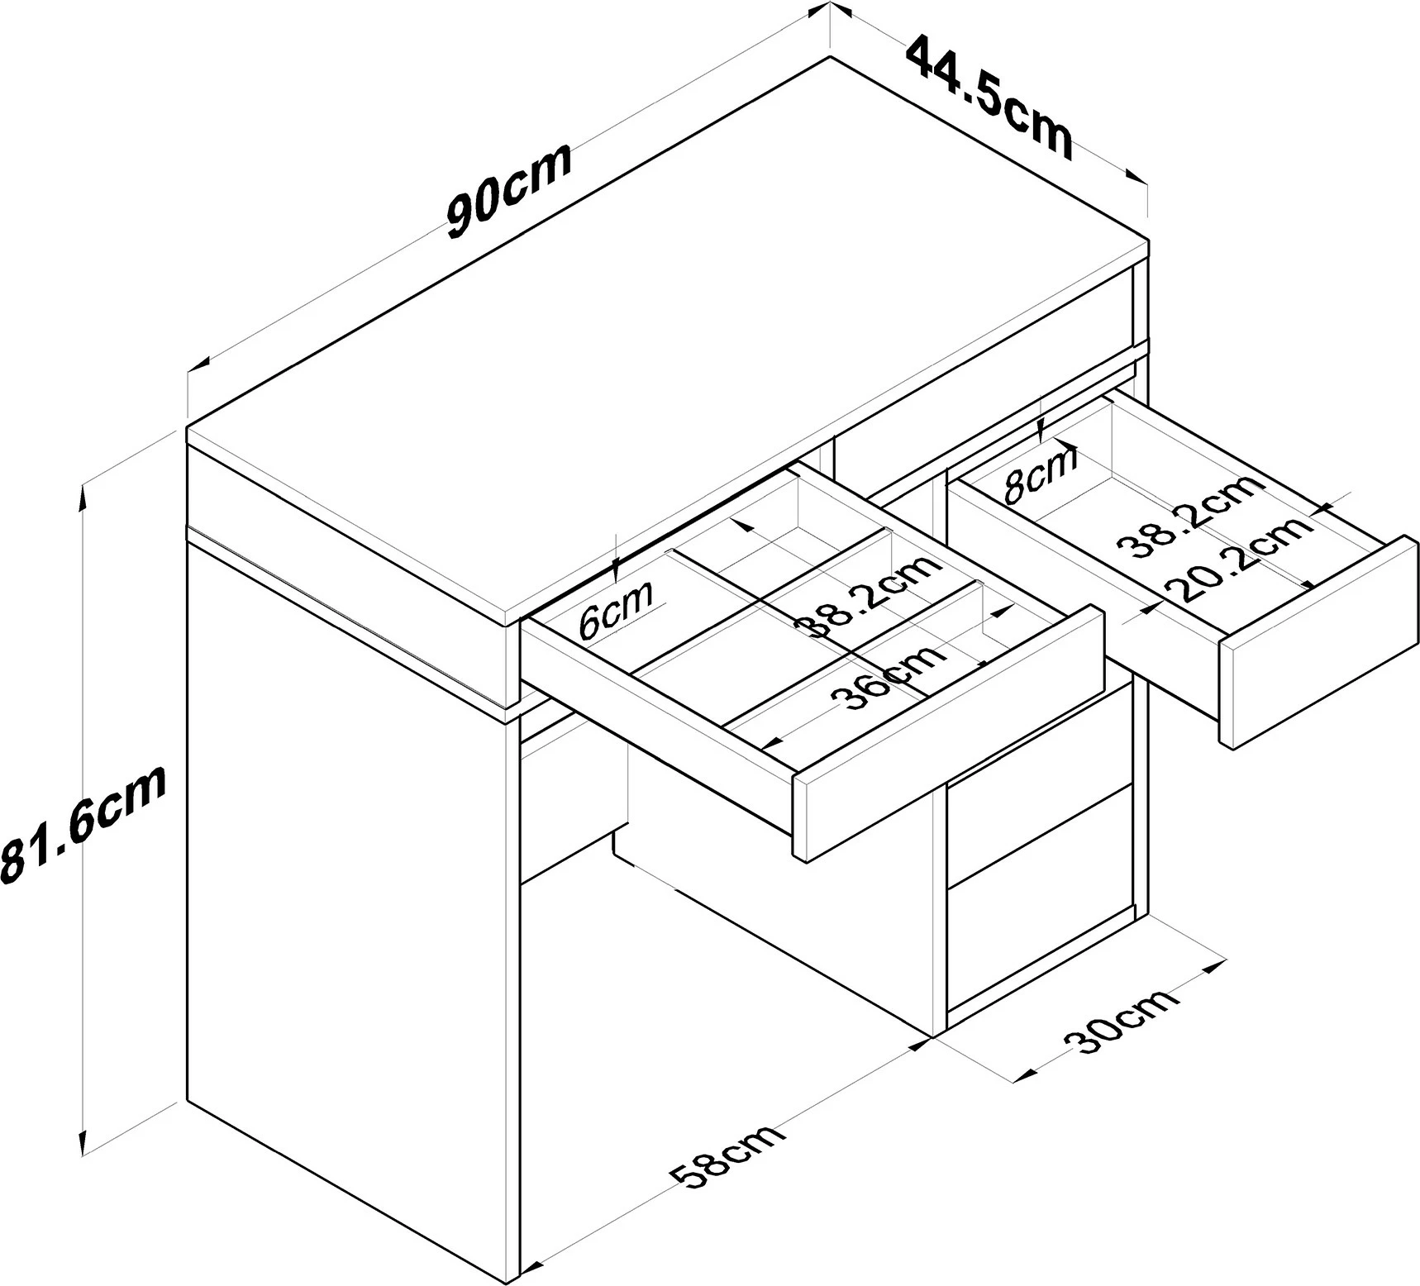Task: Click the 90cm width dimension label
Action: point(508,191)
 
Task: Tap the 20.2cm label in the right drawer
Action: point(1237,558)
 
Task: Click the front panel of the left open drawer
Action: point(948,733)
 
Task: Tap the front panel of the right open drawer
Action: point(1318,642)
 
